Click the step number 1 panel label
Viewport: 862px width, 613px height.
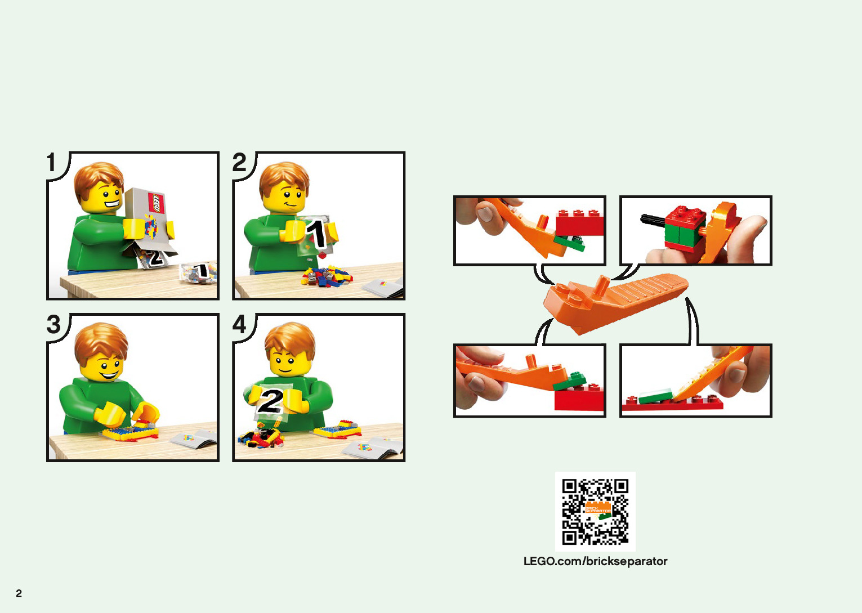click(x=52, y=162)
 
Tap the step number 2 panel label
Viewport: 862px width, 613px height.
click(x=239, y=162)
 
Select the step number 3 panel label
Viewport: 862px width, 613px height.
click(x=53, y=324)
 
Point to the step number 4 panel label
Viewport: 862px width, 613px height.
click(x=239, y=324)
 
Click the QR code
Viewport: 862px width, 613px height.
click(x=595, y=512)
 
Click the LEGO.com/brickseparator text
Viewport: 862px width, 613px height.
click(x=595, y=561)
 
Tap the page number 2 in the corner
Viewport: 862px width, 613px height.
click(x=19, y=593)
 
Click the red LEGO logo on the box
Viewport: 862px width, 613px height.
click(x=156, y=203)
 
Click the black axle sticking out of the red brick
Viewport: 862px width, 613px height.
click(x=653, y=221)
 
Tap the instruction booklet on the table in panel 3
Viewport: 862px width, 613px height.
click(x=194, y=440)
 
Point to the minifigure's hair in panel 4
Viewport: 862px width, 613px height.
click(x=290, y=340)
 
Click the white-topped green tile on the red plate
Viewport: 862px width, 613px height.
click(x=655, y=396)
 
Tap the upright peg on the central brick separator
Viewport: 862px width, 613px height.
click(x=601, y=285)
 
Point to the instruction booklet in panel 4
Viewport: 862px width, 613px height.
click(x=373, y=448)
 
